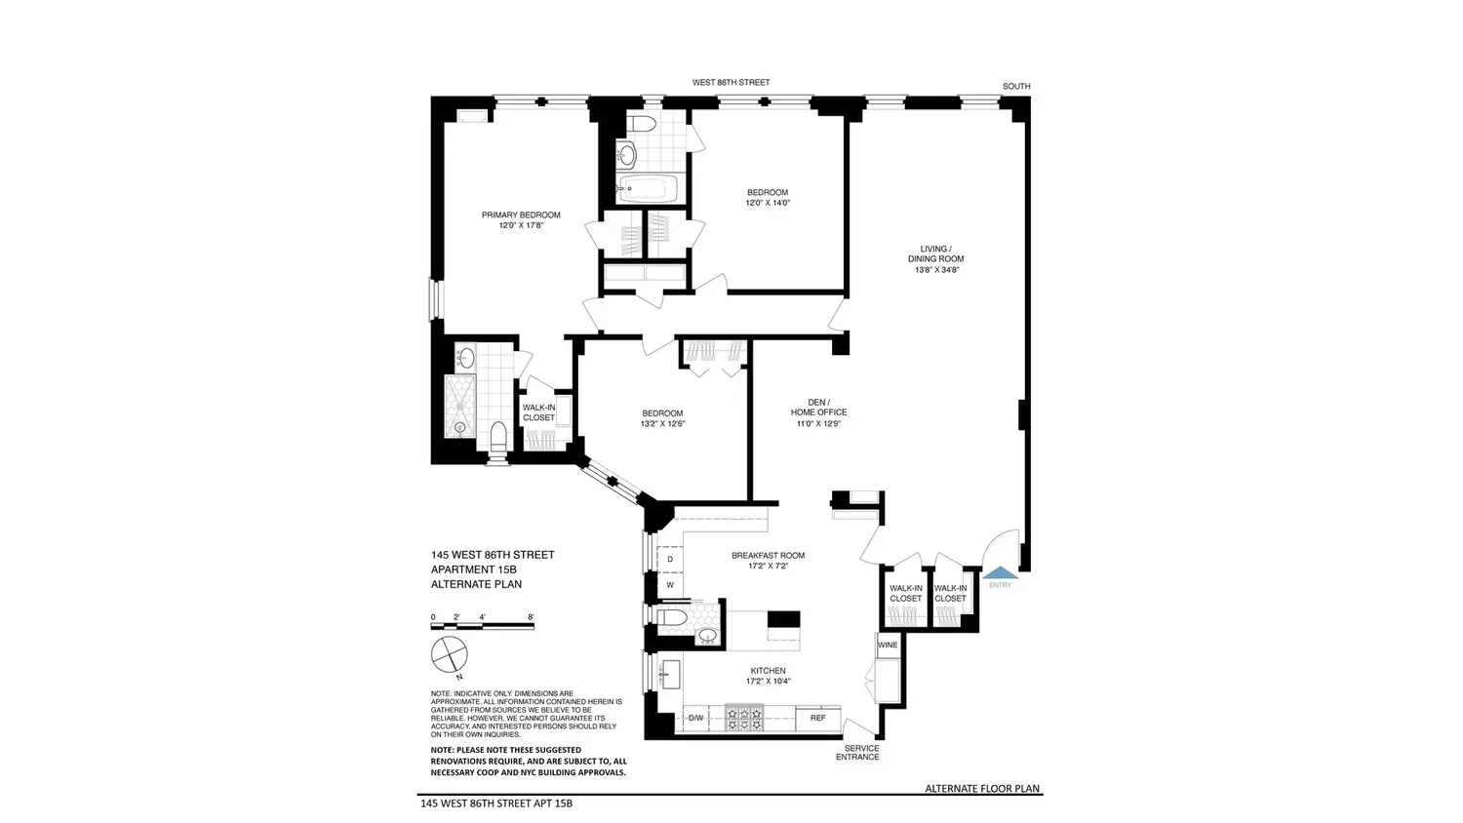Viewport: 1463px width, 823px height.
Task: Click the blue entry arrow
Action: point(1000,571)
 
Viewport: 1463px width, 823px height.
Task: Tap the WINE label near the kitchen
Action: point(888,646)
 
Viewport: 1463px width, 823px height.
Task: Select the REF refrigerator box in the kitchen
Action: point(818,718)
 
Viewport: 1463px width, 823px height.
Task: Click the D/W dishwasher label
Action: point(696,718)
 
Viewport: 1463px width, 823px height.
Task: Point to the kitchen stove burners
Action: point(744,718)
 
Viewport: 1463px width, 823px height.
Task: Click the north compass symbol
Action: point(450,654)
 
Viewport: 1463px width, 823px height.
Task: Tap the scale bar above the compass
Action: point(483,626)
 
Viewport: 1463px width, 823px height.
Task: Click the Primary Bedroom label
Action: point(521,215)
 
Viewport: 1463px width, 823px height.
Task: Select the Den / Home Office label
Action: point(819,407)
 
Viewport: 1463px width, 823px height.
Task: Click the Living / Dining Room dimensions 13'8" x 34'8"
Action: point(937,270)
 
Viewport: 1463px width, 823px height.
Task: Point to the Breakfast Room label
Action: point(769,556)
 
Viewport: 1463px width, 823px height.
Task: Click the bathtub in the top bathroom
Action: point(649,189)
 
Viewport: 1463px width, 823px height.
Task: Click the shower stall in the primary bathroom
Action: point(460,406)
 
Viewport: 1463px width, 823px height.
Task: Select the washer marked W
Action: point(670,585)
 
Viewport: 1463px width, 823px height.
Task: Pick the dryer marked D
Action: point(670,559)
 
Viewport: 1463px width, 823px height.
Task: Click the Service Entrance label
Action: point(858,753)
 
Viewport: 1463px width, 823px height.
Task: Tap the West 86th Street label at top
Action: point(731,82)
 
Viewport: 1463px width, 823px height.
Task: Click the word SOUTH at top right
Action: point(1016,86)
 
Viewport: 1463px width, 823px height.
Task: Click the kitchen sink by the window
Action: point(671,674)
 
